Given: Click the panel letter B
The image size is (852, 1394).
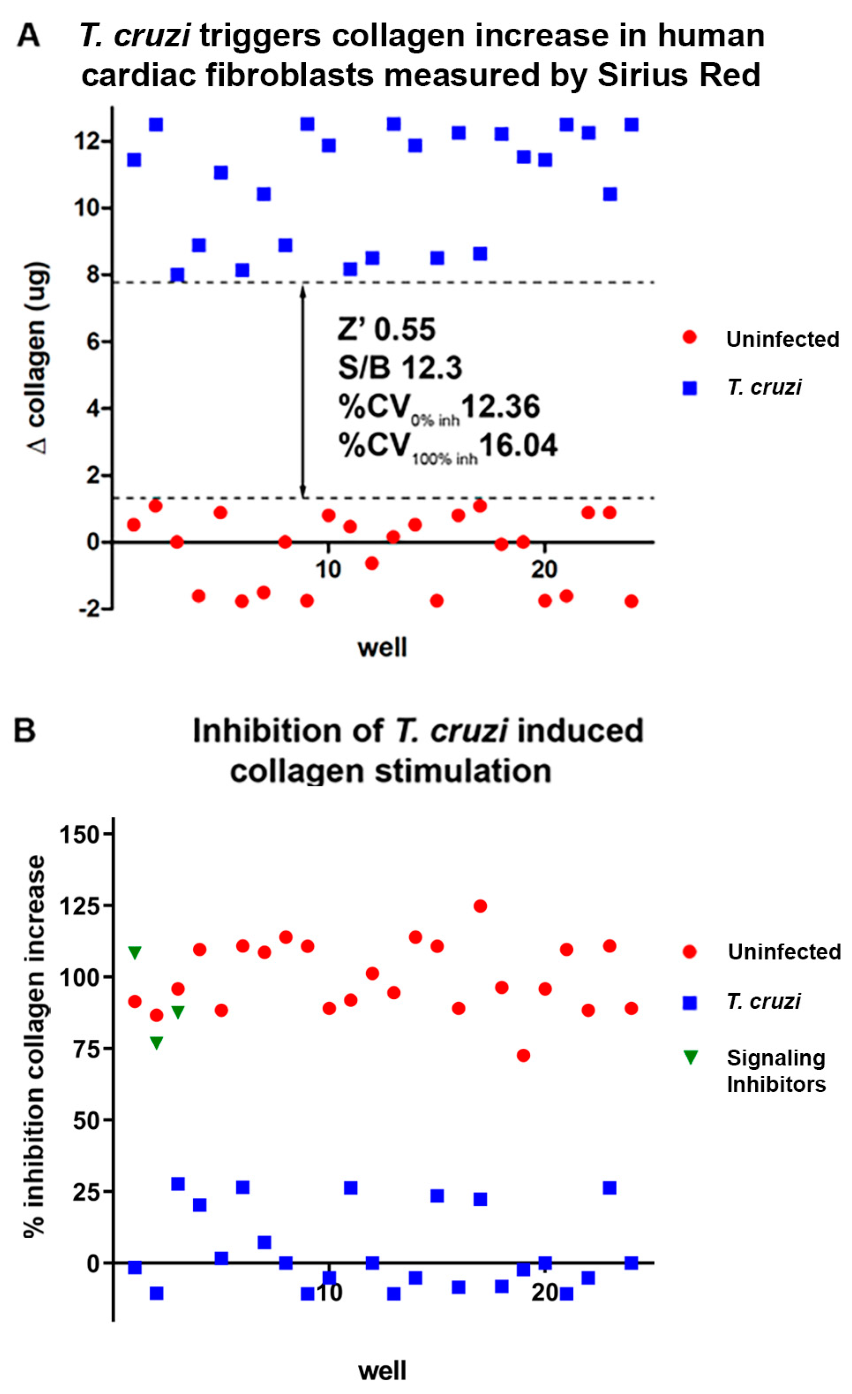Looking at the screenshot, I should point(25,730).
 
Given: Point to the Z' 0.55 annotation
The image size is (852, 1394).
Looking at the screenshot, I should point(387,329).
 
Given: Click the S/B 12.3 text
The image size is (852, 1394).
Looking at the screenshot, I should point(400,368).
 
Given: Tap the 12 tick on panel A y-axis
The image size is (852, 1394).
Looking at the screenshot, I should point(88,141).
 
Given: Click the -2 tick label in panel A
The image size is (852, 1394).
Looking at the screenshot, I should point(89,609).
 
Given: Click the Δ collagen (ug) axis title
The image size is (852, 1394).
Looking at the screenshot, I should point(38,358).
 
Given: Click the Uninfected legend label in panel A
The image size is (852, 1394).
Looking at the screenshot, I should point(782,340).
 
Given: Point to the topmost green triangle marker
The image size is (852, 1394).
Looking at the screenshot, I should point(135,953).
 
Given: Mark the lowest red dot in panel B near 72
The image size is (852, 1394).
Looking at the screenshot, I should point(523,1056).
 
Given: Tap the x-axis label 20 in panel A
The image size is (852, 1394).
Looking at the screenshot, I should point(544,569).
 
